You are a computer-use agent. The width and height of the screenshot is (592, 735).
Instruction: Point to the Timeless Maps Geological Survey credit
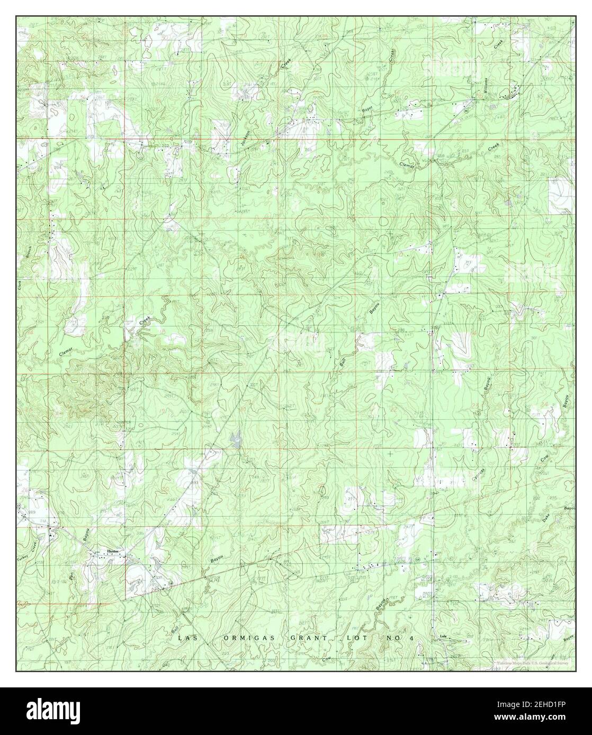533,663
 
